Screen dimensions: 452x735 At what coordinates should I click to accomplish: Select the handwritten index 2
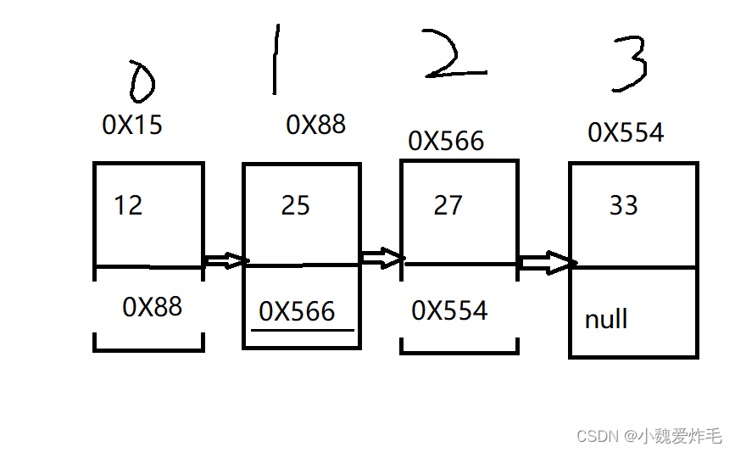[x=454, y=58]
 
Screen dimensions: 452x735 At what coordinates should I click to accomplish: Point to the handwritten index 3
[x=630, y=61]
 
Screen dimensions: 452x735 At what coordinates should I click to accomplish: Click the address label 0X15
[x=132, y=126]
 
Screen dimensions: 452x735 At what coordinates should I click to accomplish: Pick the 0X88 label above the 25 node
[x=316, y=126]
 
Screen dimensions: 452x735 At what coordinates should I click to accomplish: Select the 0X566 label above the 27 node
[x=446, y=141]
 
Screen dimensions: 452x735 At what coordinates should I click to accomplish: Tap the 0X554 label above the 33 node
[x=626, y=132]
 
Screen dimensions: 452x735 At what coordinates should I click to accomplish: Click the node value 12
[x=128, y=205]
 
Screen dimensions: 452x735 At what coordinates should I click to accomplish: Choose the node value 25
[x=296, y=205]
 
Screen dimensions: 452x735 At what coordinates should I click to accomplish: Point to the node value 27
[x=448, y=205]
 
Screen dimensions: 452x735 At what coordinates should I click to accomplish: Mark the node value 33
[x=623, y=205]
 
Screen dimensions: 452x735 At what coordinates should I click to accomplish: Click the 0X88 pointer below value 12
[x=153, y=306]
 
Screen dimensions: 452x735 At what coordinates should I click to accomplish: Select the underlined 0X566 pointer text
[x=298, y=312]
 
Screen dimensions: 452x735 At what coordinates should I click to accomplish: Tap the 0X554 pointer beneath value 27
[x=449, y=310]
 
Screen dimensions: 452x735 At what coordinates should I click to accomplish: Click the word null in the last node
[x=606, y=320]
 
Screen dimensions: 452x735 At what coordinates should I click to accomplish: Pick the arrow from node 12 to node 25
[x=226, y=260]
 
